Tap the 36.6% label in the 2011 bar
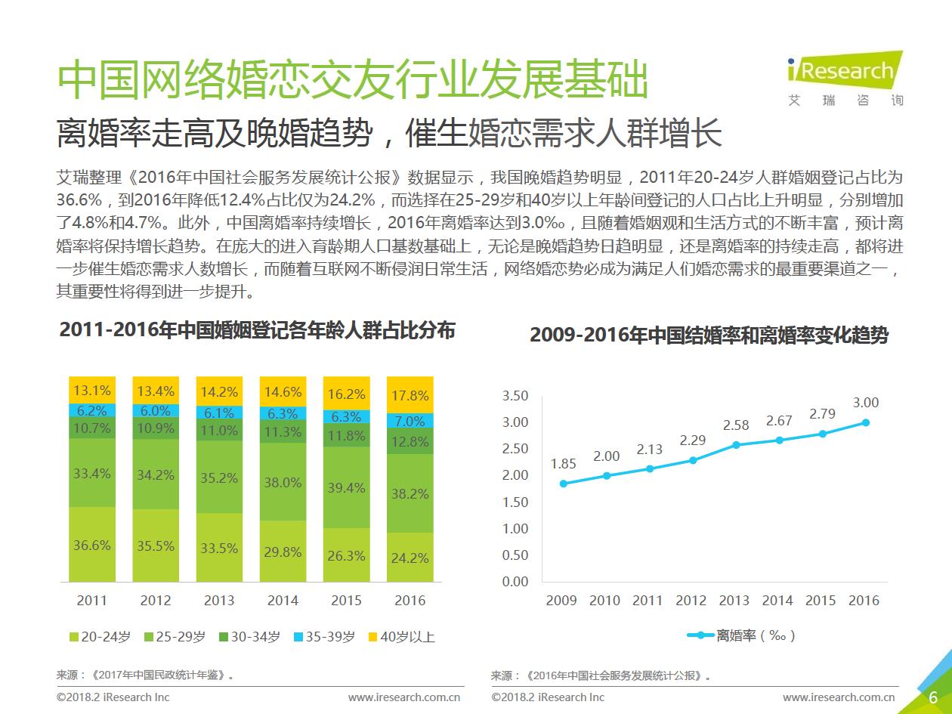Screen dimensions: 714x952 [x=92, y=546]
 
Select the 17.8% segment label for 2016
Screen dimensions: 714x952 [x=411, y=396]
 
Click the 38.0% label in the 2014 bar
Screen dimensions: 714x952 [x=283, y=482]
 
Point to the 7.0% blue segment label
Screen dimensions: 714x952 [x=411, y=422]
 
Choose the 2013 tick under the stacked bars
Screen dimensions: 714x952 [x=219, y=601]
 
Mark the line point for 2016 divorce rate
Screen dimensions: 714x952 [x=866, y=422]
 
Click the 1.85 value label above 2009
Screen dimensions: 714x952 [x=563, y=464]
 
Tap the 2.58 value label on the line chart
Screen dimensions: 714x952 [x=735, y=425]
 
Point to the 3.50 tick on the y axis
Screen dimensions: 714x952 [x=515, y=396]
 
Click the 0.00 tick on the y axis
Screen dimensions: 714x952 [x=515, y=581]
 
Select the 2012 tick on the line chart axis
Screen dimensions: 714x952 [x=691, y=601]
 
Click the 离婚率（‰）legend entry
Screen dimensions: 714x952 [x=742, y=635]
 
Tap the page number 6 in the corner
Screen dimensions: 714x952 [x=933, y=697]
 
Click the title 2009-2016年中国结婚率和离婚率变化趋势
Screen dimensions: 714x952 [x=709, y=336]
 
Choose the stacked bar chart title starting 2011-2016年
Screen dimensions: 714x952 [x=257, y=331]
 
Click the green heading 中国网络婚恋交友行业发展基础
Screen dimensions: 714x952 [x=353, y=81]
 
